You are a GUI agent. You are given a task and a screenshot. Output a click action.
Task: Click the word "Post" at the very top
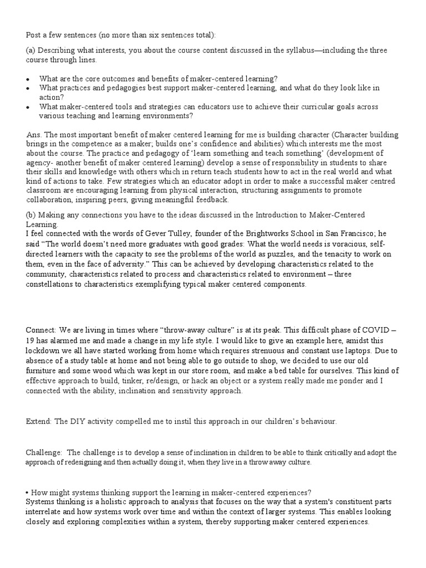tap(34, 35)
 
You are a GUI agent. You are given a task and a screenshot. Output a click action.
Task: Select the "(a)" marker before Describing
tap(31, 50)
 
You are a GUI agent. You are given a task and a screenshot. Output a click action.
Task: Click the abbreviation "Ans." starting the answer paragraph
tap(34, 135)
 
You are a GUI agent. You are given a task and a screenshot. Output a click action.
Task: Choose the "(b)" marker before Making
tap(32, 215)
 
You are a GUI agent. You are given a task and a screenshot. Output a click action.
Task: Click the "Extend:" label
tap(39, 421)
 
